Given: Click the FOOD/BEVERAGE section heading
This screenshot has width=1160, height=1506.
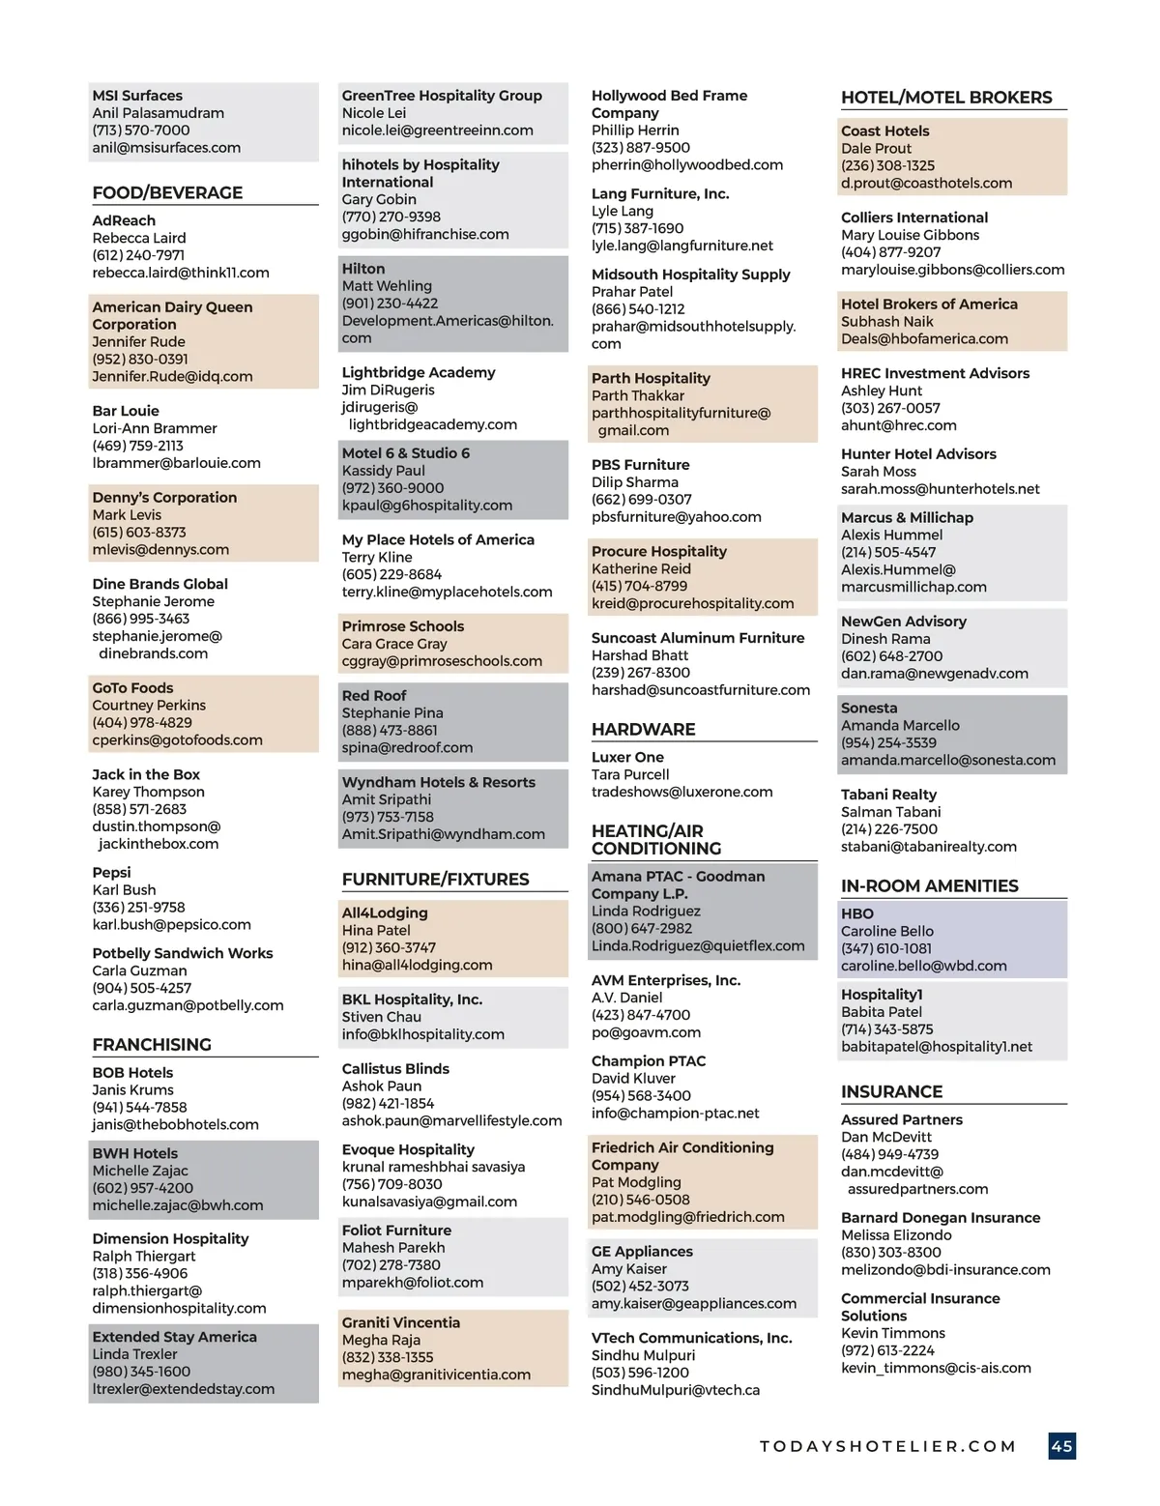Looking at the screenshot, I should coord(167,192).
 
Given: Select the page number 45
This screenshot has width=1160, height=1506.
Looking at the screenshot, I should coord(1061,1446).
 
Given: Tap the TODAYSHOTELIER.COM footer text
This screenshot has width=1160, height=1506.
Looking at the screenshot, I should coord(887,1446).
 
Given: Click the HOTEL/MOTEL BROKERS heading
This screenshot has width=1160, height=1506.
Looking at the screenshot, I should coord(946,98).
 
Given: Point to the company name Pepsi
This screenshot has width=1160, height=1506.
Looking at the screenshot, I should coord(111,872).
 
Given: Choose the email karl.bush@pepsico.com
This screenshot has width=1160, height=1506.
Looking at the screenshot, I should coord(171,924).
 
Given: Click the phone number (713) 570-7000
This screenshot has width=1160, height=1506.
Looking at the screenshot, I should coord(141,130).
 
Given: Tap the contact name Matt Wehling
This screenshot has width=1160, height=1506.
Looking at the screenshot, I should coord(387,286).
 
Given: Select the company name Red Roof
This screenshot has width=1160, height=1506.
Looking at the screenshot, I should coord(374,695).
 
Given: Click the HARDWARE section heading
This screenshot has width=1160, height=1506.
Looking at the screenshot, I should coord(643,729).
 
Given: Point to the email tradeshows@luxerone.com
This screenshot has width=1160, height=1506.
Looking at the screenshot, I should coord(681,792).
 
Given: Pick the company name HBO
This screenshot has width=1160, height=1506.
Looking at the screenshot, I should coord(856,913).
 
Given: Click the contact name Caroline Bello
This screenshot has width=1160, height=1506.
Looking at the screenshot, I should coord(886,931).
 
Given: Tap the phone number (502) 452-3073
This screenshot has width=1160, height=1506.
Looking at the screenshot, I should coord(640,1286).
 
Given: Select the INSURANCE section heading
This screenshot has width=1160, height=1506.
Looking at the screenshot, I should coord(891,1091).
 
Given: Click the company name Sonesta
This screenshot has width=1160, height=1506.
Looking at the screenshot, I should coord(869,708).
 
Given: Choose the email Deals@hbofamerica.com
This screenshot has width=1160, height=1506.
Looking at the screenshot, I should coord(924,338).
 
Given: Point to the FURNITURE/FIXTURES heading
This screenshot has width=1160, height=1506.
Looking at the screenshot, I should coord(435,879).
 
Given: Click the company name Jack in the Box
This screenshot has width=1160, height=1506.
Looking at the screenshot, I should coord(146,774).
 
